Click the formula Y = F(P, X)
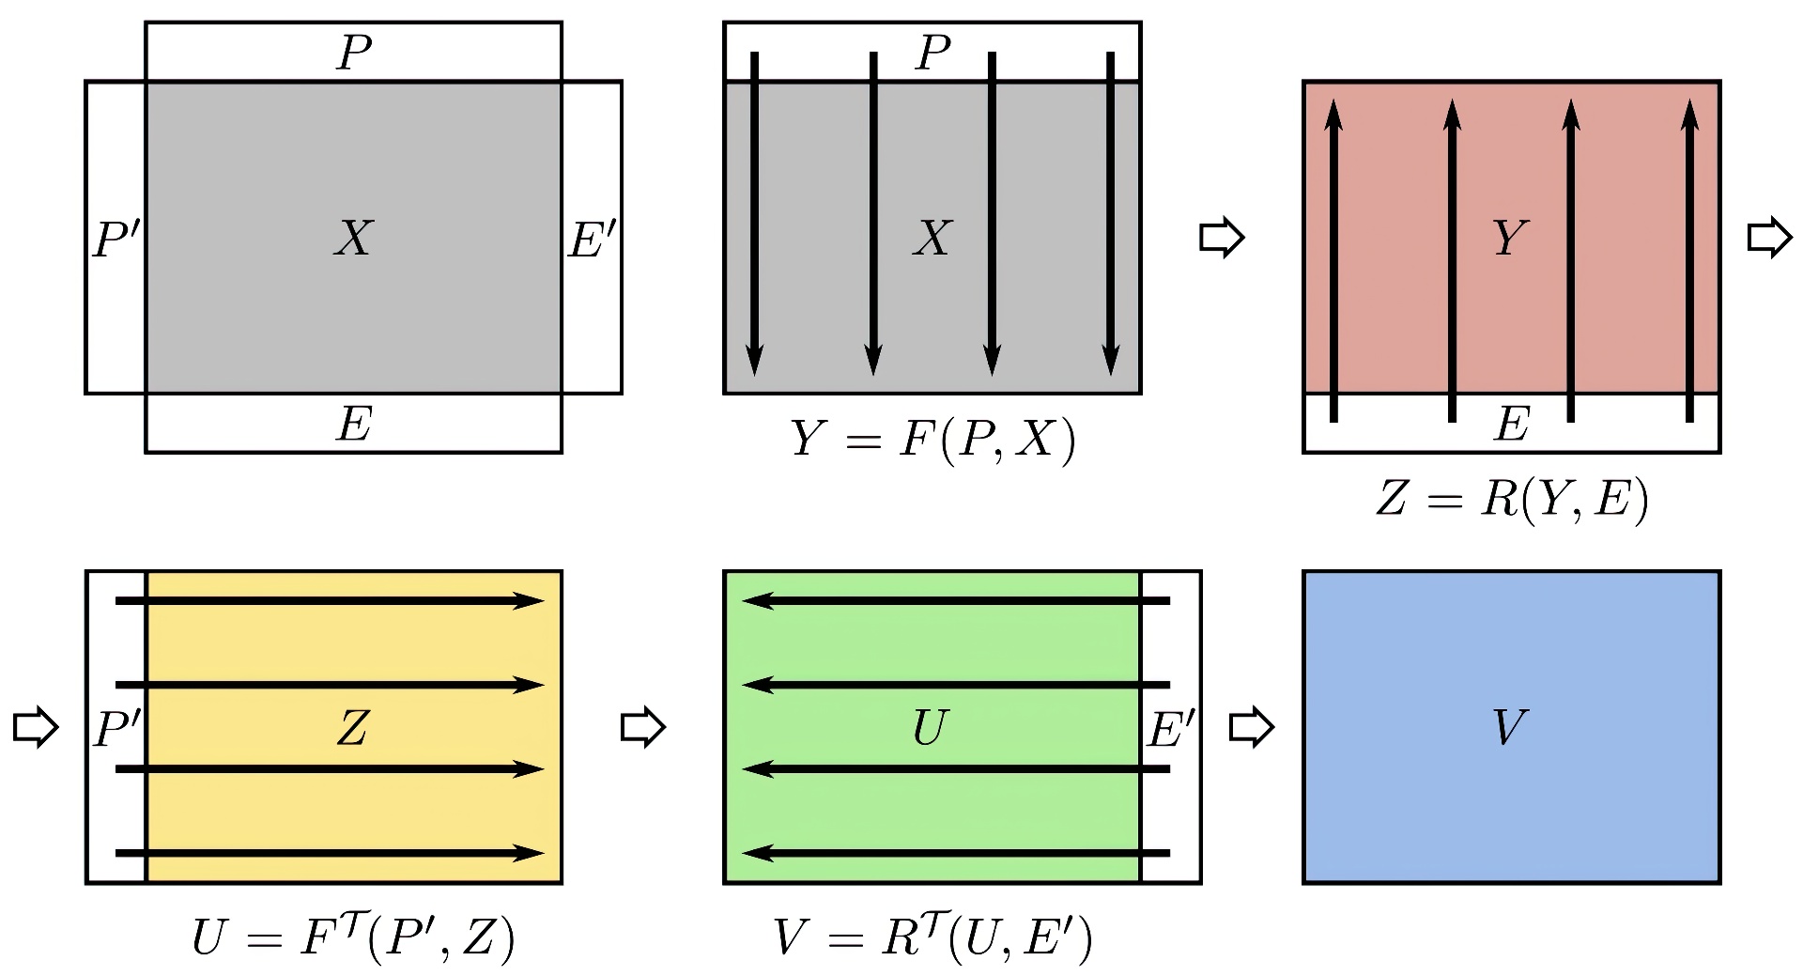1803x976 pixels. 932,440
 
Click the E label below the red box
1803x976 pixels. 1511,424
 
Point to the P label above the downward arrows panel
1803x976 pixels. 932,53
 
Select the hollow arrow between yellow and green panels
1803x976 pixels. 643,727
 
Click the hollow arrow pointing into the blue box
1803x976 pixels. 1252,727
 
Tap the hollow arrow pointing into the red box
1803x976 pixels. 1222,238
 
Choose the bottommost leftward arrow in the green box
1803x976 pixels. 956,853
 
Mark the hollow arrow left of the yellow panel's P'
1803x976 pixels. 36,727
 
